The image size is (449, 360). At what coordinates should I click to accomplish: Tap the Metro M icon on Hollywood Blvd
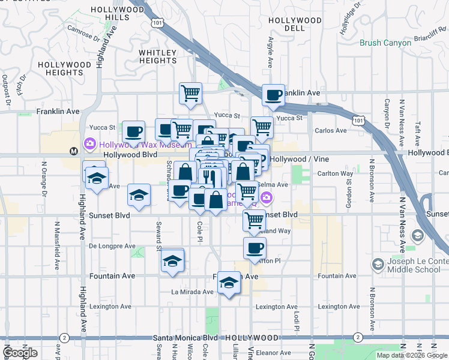(73, 151)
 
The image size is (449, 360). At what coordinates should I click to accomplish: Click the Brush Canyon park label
(385, 43)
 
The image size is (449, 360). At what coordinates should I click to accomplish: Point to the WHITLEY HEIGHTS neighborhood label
(158, 56)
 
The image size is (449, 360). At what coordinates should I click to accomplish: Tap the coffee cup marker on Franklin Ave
(273, 95)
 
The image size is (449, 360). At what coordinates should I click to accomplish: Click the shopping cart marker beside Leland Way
(254, 220)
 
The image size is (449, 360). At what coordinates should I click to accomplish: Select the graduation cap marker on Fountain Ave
(228, 283)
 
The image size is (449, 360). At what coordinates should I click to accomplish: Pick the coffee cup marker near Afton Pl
(254, 247)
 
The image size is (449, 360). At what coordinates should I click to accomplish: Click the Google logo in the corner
(20, 353)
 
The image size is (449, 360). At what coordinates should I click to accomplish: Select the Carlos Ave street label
(331, 130)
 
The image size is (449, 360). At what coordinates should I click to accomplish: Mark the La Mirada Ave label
(192, 292)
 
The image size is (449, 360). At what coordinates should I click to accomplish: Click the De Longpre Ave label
(112, 246)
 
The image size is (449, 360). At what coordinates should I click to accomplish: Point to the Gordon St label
(349, 195)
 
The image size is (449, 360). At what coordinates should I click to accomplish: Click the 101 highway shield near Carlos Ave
(358, 121)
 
